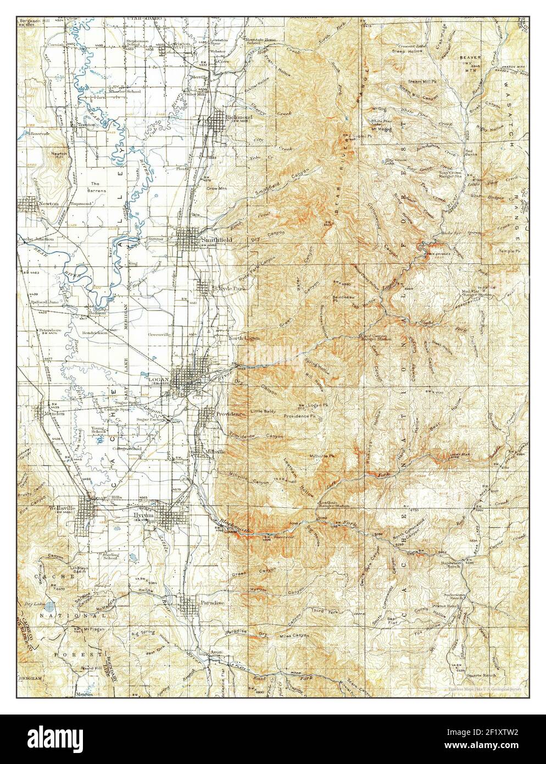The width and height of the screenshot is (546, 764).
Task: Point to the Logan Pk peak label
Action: pos(314,405)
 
